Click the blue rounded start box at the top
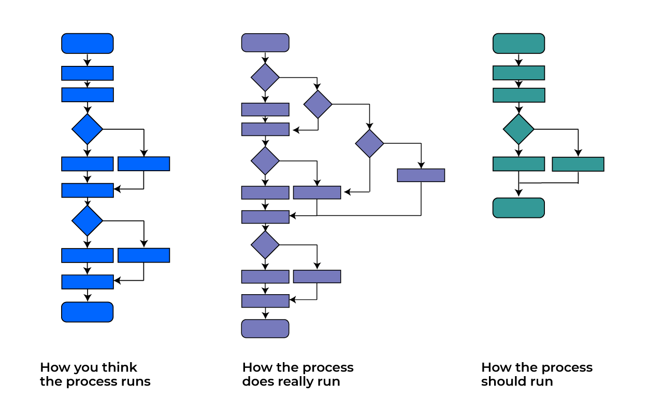(x=88, y=44)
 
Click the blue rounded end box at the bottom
(x=88, y=312)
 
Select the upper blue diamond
(x=88, y=129)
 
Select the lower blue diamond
(x=88, y=220)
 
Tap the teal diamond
(x=518, y=129)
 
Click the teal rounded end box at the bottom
(x=518, y=208)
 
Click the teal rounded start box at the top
(x=518, y=44)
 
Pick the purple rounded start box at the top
(x=265, y=43)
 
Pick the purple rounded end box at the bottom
(x=265, y=328)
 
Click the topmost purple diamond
(x=265, y=77)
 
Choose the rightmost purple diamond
(x=369, y=143)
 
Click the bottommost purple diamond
(x=265, y=245)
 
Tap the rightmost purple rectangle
(x=421, y=175)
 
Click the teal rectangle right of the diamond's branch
(x=578, y=164)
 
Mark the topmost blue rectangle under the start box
(x=88, y=73)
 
